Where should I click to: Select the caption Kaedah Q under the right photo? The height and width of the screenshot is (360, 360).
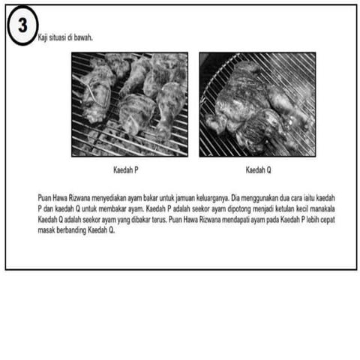click(258, 170)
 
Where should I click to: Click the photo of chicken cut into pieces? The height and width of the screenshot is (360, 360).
click(130, 104)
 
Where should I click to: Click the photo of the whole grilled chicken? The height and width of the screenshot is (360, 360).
click(257, 104)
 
